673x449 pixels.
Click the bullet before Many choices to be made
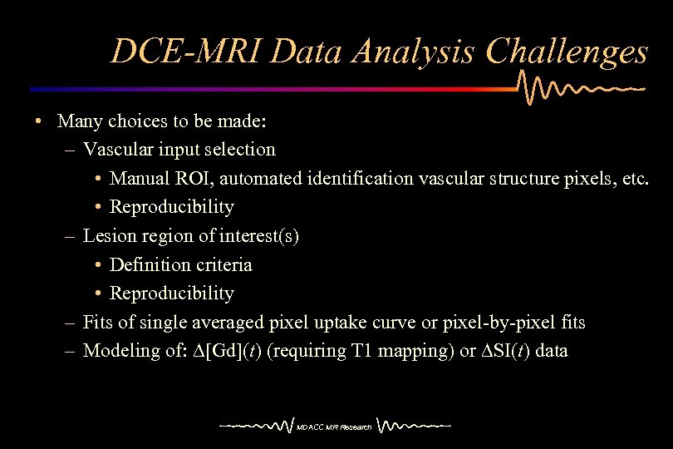click(x=39, y=121)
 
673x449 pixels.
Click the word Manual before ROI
click(x=140, y=178)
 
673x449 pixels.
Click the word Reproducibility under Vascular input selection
click(x=172, y=207)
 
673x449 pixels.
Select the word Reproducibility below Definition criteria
click(x=172, y=294)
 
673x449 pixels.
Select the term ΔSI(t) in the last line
click(x=505, y=351)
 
